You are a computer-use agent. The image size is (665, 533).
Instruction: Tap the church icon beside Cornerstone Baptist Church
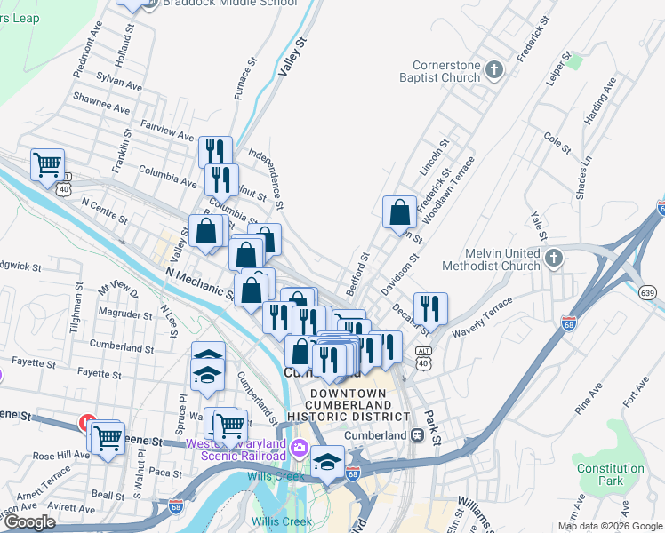tap(495, 68)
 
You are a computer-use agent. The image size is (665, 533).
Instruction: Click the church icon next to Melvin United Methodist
tap(554, 259)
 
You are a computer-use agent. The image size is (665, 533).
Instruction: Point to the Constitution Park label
tap(610, 474)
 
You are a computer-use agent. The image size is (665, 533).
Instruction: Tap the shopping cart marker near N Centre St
tap(47, 164)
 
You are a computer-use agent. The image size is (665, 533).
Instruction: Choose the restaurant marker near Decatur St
tap(430, 309)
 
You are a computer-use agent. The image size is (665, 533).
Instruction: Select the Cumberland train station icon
tap(416, 435)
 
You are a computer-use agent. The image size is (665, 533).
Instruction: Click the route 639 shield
tap(647, 292)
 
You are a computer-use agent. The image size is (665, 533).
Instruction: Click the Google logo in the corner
tap(29, 522)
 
